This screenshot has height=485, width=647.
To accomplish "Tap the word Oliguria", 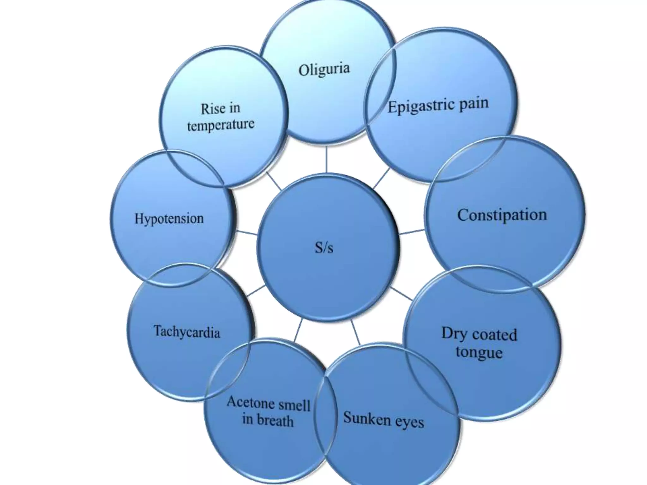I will [324, 69].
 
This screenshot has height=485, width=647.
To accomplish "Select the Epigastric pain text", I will [438, 105].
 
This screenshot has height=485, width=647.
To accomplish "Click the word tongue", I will [479, 352].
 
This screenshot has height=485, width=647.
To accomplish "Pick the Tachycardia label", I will [187, 332].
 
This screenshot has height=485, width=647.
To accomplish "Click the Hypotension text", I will [169, 219].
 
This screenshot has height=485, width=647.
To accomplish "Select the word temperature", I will [221, 125].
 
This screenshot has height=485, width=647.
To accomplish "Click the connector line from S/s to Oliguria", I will [326, 159].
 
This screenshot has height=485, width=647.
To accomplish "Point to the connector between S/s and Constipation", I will [412, 232].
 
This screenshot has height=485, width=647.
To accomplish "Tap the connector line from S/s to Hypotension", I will [246, 233].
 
